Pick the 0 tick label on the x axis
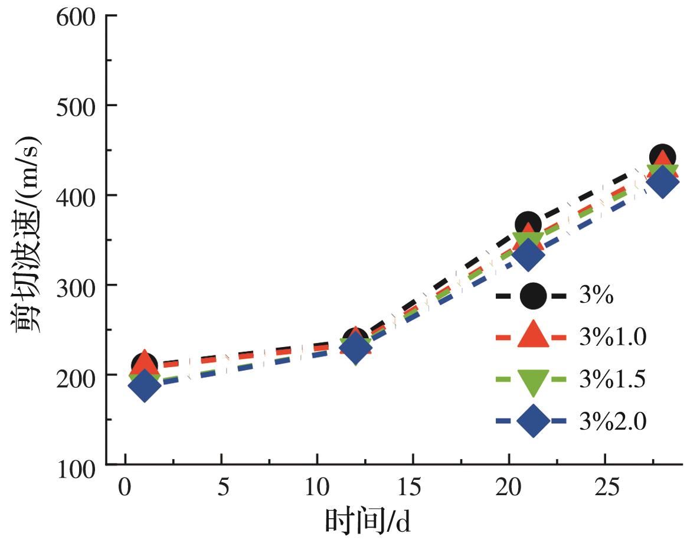tap(125, 489)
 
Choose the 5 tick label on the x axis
tap(221, 489)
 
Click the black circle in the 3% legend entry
tap(532, 296)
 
